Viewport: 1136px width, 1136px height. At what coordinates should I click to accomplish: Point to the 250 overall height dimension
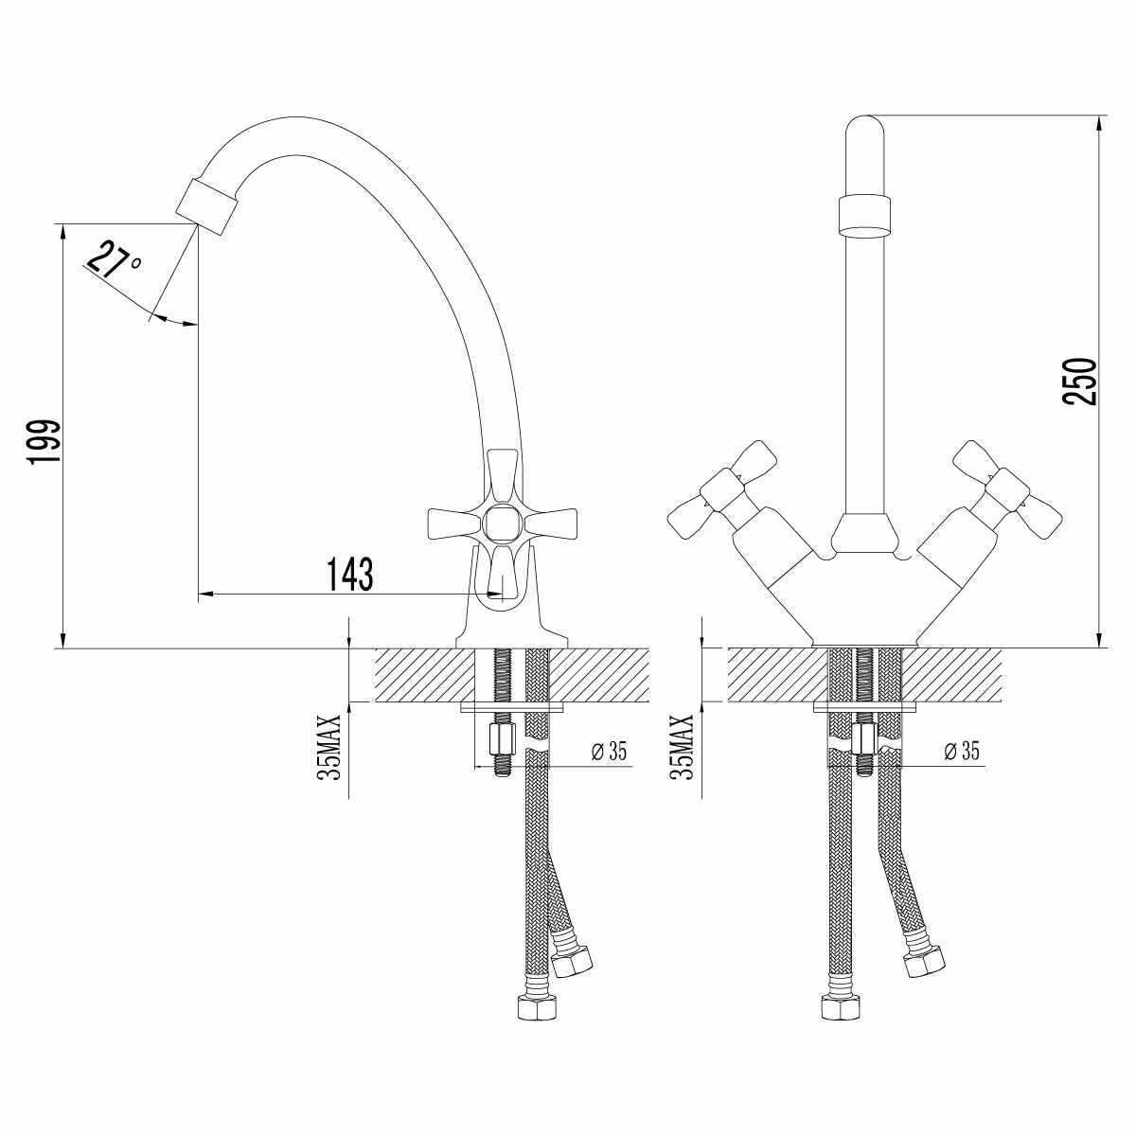(x=1080, y=382)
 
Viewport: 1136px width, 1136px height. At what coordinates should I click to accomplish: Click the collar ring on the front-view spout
(x=865, y=214)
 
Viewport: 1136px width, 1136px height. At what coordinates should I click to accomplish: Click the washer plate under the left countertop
(x=511, y=707)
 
